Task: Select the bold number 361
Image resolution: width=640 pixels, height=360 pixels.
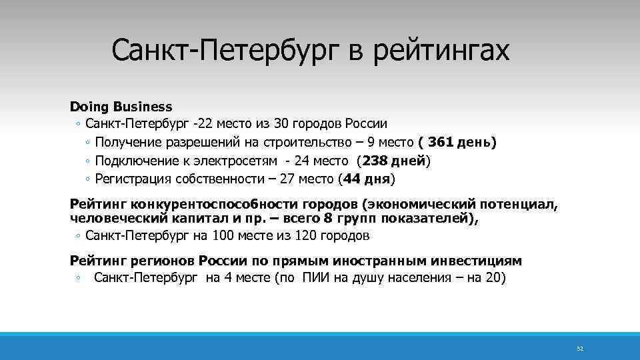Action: coord(441,143)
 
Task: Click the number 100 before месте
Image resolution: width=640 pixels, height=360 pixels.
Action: coord(223,235)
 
